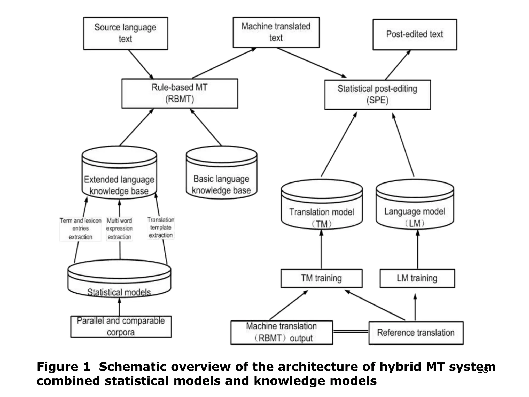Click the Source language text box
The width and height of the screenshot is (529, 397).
coord(125,33)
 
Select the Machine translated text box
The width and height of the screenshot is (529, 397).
coord(276,32)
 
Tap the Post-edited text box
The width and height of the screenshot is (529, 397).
coord(414,34)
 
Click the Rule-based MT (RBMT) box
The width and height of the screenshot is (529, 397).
coord(180,93)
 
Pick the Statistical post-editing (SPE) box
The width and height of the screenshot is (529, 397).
coord(377,95)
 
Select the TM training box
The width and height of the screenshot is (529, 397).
coord(321,278)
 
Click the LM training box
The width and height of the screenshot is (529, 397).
coord(417,278)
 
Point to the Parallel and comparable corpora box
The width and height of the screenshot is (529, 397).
coord(121,326)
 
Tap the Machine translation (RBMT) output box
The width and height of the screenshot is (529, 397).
coord(281,332)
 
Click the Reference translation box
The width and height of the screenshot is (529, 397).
coord(416,333)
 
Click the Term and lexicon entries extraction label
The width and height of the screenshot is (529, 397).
coord(80,229)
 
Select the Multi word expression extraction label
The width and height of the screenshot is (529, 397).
coord(119,229)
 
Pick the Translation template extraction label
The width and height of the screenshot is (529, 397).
coord(161,228)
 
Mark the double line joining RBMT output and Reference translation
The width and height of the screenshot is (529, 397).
coord(351,331)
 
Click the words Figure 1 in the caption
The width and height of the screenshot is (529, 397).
coord(64,367)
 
